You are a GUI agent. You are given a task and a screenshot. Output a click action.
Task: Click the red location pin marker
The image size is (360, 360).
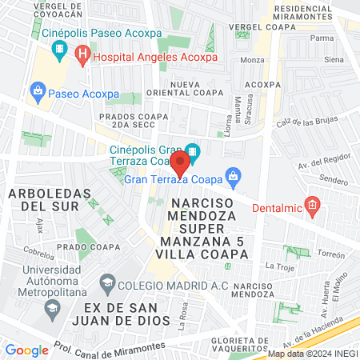click(x=181, y=164)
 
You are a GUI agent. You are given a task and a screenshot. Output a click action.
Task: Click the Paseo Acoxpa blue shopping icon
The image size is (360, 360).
click(x=37, y=91)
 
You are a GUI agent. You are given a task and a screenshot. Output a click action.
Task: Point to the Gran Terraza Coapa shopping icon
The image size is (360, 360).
click(x=233, y=174)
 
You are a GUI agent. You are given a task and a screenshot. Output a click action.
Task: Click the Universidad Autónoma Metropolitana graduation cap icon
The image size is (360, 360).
click(x=51, y=308)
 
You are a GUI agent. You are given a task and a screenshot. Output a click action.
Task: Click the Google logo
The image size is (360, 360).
click(x=26, y=350)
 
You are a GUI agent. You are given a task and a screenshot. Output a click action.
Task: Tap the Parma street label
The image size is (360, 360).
click(x=322, y=38)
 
